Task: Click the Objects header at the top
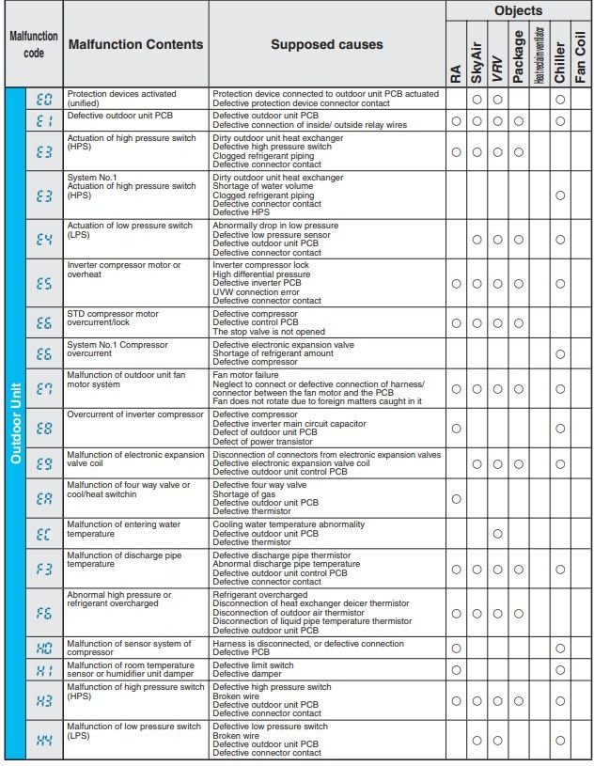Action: point(519,11)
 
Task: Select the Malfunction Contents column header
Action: point(135,44)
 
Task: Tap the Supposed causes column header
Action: point(326,44)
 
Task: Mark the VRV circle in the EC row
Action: point(497,534)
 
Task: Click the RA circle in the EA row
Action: point(456,498)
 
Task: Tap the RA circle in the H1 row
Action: point(456,669)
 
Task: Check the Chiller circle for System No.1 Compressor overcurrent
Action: point(560,353)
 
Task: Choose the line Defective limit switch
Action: point(253,664)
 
